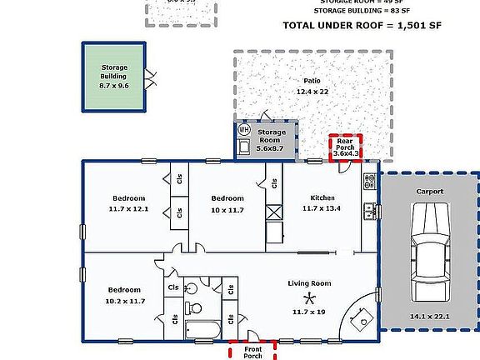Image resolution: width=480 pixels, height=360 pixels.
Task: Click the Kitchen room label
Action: coord(322,197)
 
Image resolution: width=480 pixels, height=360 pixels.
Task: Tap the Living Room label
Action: coord(309,284)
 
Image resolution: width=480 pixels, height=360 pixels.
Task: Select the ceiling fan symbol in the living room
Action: coord(310,298)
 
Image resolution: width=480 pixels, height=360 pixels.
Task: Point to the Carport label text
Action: coord(430,192)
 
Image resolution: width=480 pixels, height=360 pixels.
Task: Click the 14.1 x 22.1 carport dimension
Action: coord(430,317)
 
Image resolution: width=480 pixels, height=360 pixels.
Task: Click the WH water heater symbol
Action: coord(244,130)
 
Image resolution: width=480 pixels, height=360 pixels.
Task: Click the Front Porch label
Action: coord(252,352)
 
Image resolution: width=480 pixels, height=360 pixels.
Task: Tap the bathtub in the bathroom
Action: coord(203,330)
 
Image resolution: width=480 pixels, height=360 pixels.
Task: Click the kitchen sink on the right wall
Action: coord(367,212)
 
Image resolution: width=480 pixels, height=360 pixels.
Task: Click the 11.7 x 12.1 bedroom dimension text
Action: coord(129,208)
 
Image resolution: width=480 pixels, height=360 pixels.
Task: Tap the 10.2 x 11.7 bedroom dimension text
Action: coord(126,301)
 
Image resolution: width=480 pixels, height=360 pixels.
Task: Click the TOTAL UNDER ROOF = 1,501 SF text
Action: coord(362,26)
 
